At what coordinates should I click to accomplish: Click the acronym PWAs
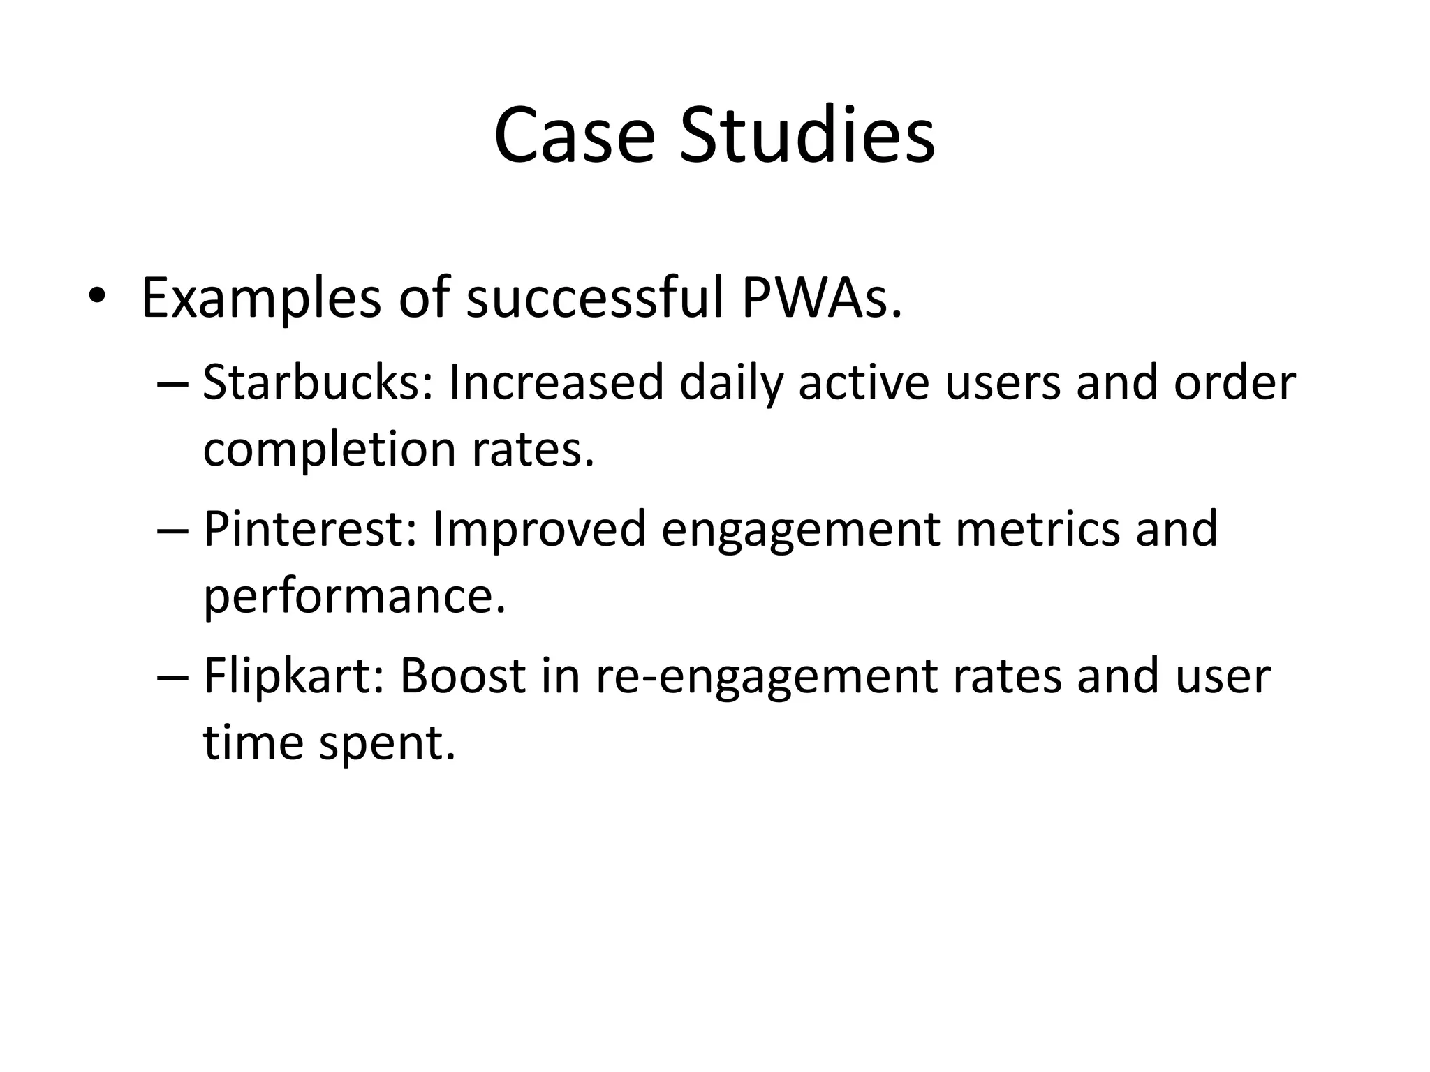(x=821, y=297)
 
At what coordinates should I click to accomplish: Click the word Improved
(x=539, y=529)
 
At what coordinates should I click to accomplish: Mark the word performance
(x=354, y=597)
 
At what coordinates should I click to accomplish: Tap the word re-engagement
(x=766, y=677)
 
